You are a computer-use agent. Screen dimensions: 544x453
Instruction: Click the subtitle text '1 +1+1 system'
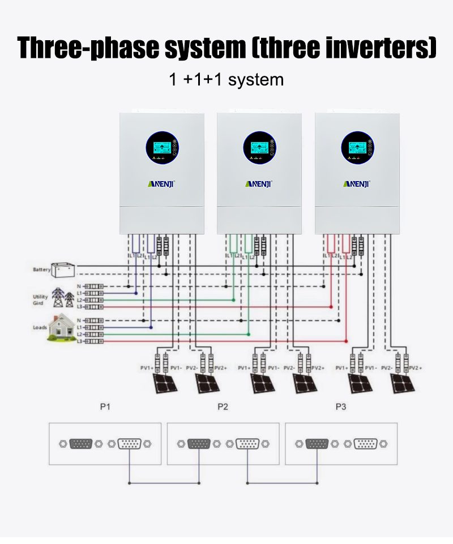point(226,79)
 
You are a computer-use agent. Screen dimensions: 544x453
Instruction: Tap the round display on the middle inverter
point(260,148)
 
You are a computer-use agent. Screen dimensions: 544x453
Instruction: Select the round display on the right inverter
point(357,148)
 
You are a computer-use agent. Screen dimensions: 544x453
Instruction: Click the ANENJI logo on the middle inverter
point(259,183)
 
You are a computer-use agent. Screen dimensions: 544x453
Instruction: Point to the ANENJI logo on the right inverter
point(357,183)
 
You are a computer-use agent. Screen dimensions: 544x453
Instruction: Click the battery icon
point(63,269)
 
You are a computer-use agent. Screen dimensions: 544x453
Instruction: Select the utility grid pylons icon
point(63,297)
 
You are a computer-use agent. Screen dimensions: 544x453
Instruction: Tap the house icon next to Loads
point(62,327)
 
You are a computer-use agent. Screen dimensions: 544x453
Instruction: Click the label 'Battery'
point(41,270)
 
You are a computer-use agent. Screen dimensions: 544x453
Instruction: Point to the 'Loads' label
point(40,327)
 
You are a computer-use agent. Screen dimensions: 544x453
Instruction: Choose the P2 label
point(223,407)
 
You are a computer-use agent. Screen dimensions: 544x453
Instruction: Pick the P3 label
point(340,407)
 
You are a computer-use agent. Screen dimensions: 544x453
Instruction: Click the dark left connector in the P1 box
point(81,444)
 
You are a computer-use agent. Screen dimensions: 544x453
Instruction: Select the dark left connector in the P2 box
point(199,444)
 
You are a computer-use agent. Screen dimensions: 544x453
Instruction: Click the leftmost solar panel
point(163,384)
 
